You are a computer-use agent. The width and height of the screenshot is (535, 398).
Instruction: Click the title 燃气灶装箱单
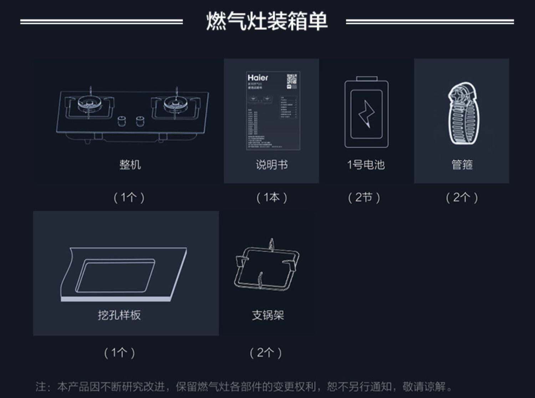266,21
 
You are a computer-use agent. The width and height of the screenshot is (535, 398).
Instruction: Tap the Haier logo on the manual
258,78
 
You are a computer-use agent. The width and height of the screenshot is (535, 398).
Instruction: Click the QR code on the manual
292,79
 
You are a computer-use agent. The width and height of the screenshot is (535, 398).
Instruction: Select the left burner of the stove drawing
90,103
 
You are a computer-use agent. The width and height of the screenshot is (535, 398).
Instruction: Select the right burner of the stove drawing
175,103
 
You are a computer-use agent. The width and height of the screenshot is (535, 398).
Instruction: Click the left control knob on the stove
122,120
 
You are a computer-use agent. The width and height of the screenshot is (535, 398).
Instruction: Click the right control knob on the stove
140,120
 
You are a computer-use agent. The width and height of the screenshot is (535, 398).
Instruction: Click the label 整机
130,165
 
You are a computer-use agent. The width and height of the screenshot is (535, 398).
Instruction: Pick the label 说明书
271,165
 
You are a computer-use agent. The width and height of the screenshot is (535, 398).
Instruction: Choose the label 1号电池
366,165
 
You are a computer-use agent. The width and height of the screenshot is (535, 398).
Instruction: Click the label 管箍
462,165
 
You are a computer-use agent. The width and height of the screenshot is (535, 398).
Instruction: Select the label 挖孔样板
119,315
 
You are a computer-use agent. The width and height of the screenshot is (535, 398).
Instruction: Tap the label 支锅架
268,315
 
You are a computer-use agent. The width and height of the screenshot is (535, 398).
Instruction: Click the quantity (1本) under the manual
272,197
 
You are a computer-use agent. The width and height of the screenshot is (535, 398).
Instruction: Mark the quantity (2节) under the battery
364,197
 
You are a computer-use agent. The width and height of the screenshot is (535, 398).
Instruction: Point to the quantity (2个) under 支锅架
266,353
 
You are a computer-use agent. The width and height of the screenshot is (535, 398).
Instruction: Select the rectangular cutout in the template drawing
115,275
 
